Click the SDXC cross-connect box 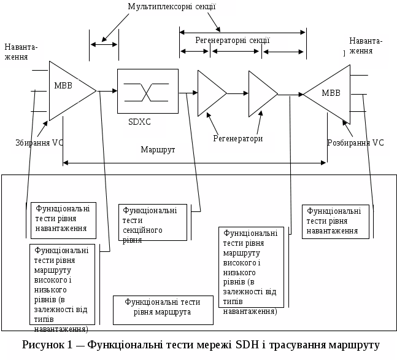[x=147, y=91]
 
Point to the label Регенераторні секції [x=233, y=41]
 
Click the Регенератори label [x=238, y=139]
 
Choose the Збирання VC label [x=40, y=143]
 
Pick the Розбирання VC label [x=356, y=143]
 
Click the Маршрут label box [x=158, y=150]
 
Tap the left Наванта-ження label [x=21, y=52]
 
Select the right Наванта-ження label [x=366, y=46]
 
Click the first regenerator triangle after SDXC [x=210, y=93]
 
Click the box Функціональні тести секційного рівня [x=152, y=222]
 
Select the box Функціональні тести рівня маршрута [x=163, y=307]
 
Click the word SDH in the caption [x=245, y=344]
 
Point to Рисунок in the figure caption [x=44, y=344]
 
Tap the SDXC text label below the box [x=139, y=122]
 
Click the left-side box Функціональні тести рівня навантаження [x=63, y=219]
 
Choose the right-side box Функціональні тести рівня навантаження [x=335, y=221]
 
